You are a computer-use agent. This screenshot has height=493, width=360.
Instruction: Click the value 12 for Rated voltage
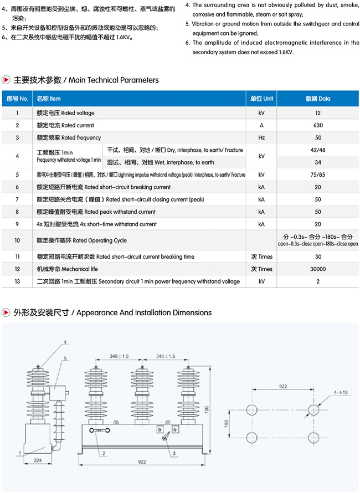pos(317,113)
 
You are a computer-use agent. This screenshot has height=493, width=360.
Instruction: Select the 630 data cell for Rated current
pos(317,125)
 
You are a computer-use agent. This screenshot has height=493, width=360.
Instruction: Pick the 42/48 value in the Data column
pos(317,150)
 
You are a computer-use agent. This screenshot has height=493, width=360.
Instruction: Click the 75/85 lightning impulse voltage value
pos(317,174)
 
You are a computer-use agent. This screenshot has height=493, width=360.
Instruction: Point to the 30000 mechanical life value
pos(317,269)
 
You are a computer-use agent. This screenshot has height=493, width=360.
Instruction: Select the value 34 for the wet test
pos(317,162)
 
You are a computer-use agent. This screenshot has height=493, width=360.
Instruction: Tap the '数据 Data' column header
pos(317,99)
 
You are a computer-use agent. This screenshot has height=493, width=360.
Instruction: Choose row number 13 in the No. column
pos(17,281)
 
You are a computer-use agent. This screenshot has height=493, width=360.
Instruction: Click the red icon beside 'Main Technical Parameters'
pos(6,80)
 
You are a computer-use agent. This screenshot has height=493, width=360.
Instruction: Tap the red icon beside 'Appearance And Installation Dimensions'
pos(6,312)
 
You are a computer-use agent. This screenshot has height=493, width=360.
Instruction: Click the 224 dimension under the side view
pos(38,459)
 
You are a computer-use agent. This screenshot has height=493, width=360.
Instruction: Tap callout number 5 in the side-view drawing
pos(65,359)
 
